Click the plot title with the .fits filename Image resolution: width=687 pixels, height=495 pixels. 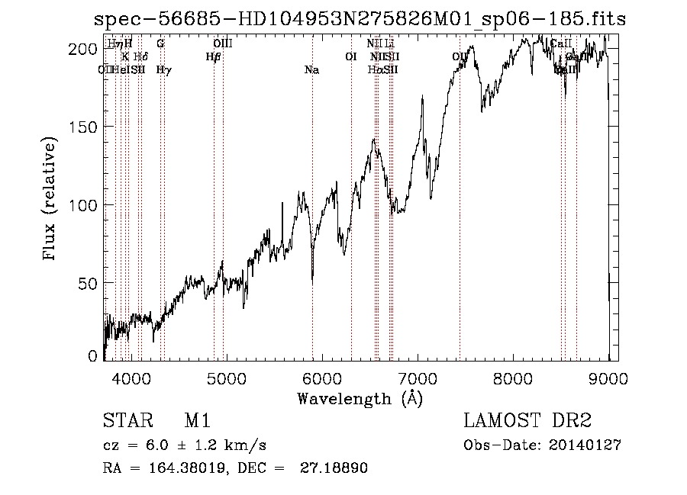(360, 20)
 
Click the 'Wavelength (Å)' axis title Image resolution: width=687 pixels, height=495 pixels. (360, 398)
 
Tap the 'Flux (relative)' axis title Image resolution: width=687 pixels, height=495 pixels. (51, 201)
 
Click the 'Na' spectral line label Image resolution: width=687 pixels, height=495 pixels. (311, 70)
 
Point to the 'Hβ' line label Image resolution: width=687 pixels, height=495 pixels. (213, 56)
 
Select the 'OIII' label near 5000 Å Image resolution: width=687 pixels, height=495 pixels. (222, 44)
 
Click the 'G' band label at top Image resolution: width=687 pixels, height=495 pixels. (160, 44)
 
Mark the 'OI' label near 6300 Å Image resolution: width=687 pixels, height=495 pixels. (351, 56)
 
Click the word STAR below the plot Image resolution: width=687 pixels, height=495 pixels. (123, 422)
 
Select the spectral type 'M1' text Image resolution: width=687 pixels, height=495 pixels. (197, 422)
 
